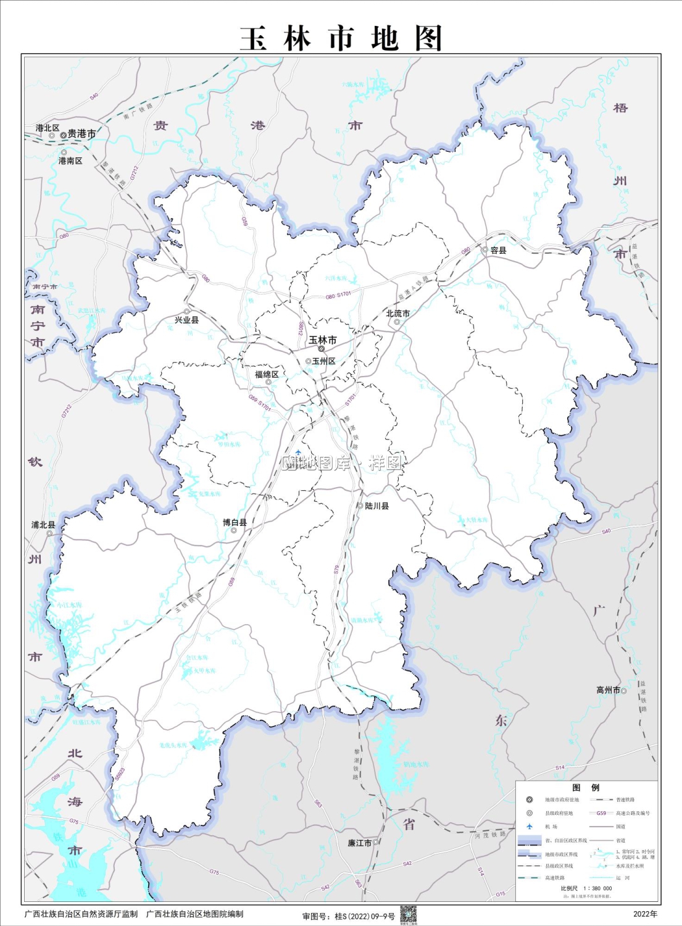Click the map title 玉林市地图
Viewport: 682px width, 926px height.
pos(341,38)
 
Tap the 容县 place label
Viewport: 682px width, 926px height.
pos(498,250)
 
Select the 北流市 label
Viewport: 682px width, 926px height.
pos(397,314)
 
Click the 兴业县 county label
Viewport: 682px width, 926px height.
pos(186,320)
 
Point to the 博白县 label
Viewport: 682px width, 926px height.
pos(235,522)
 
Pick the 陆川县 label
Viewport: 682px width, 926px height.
pos(376,506)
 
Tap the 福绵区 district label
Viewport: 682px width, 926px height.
pos(267,374)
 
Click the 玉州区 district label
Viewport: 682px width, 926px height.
pos(323,361)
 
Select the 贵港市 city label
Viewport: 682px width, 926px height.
pos(81,133)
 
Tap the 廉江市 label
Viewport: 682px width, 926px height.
pos(360,843)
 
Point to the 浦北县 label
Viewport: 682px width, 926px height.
pos(43,525)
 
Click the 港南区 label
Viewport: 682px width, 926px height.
pos(70,161)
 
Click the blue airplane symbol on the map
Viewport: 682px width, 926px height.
pos(298,453)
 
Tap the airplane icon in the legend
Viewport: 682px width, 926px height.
pos(529,826)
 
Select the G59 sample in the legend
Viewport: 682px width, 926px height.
pos(601,813)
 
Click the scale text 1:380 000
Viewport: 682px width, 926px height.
pos(597,888)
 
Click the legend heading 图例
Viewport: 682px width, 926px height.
pos(586,788)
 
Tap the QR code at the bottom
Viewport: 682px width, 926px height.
pos(408,914)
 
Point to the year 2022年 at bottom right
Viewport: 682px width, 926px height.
pos(645,914)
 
